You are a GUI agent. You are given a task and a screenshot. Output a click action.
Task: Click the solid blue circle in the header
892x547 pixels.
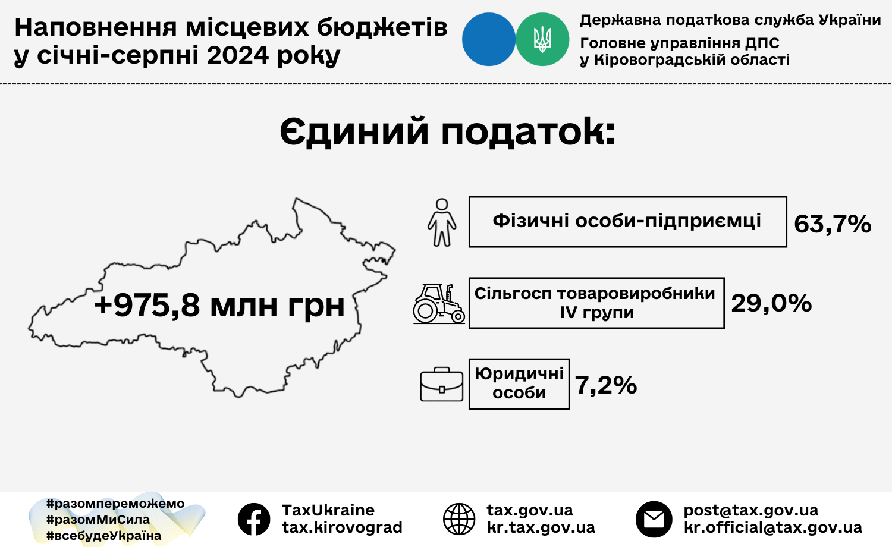489,39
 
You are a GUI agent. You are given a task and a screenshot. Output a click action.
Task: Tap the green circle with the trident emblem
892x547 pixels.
542,39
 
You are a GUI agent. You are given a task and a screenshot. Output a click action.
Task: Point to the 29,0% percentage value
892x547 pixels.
771,304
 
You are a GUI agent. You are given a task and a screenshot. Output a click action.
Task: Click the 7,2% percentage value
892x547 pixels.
606,385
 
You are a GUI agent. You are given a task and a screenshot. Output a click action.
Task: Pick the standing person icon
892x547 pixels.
442,222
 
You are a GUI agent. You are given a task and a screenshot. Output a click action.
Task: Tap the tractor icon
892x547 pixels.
439,303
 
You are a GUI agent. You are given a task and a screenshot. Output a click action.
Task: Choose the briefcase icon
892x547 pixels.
442,384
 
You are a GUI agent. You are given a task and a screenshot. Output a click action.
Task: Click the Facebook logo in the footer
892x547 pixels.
254,519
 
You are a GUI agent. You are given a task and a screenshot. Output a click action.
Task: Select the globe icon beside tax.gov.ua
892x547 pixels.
459,519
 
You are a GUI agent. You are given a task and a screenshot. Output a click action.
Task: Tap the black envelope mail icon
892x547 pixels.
654,519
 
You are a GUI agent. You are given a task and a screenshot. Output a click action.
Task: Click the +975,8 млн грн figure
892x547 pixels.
219,306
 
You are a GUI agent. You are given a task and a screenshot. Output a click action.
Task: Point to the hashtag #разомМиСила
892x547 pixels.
98,520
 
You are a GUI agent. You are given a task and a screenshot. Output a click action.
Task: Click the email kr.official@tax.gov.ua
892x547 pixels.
773,527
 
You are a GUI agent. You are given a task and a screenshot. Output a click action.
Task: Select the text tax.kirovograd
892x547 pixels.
342,527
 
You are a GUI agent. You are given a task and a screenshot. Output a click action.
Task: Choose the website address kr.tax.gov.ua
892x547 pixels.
541,528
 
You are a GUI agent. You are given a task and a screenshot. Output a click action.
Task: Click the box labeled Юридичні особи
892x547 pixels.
519,384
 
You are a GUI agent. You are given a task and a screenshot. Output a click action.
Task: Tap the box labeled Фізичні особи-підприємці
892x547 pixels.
627,222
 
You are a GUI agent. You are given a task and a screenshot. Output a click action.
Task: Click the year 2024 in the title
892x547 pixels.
238,55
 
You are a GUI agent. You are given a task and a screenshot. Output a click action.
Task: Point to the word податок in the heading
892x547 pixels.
528,132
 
